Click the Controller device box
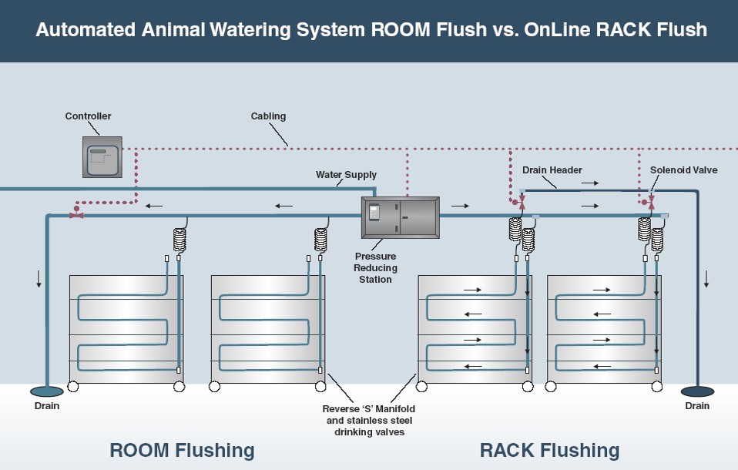(x=102, y=156)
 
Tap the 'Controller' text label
(x=88, y=116)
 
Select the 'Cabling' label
(x=268, y=116)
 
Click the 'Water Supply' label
(x=346, y=175)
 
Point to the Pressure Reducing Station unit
(x=400, y=218)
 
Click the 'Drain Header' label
(x=552, y=170)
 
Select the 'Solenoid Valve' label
(x=683, y=170)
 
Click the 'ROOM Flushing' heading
(x=182, y=450)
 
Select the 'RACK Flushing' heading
(x=549, y=450)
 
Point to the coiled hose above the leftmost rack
(x=180, y=240)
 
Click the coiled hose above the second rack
(x=320, y=240)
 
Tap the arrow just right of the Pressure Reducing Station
(x=460, y=206)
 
